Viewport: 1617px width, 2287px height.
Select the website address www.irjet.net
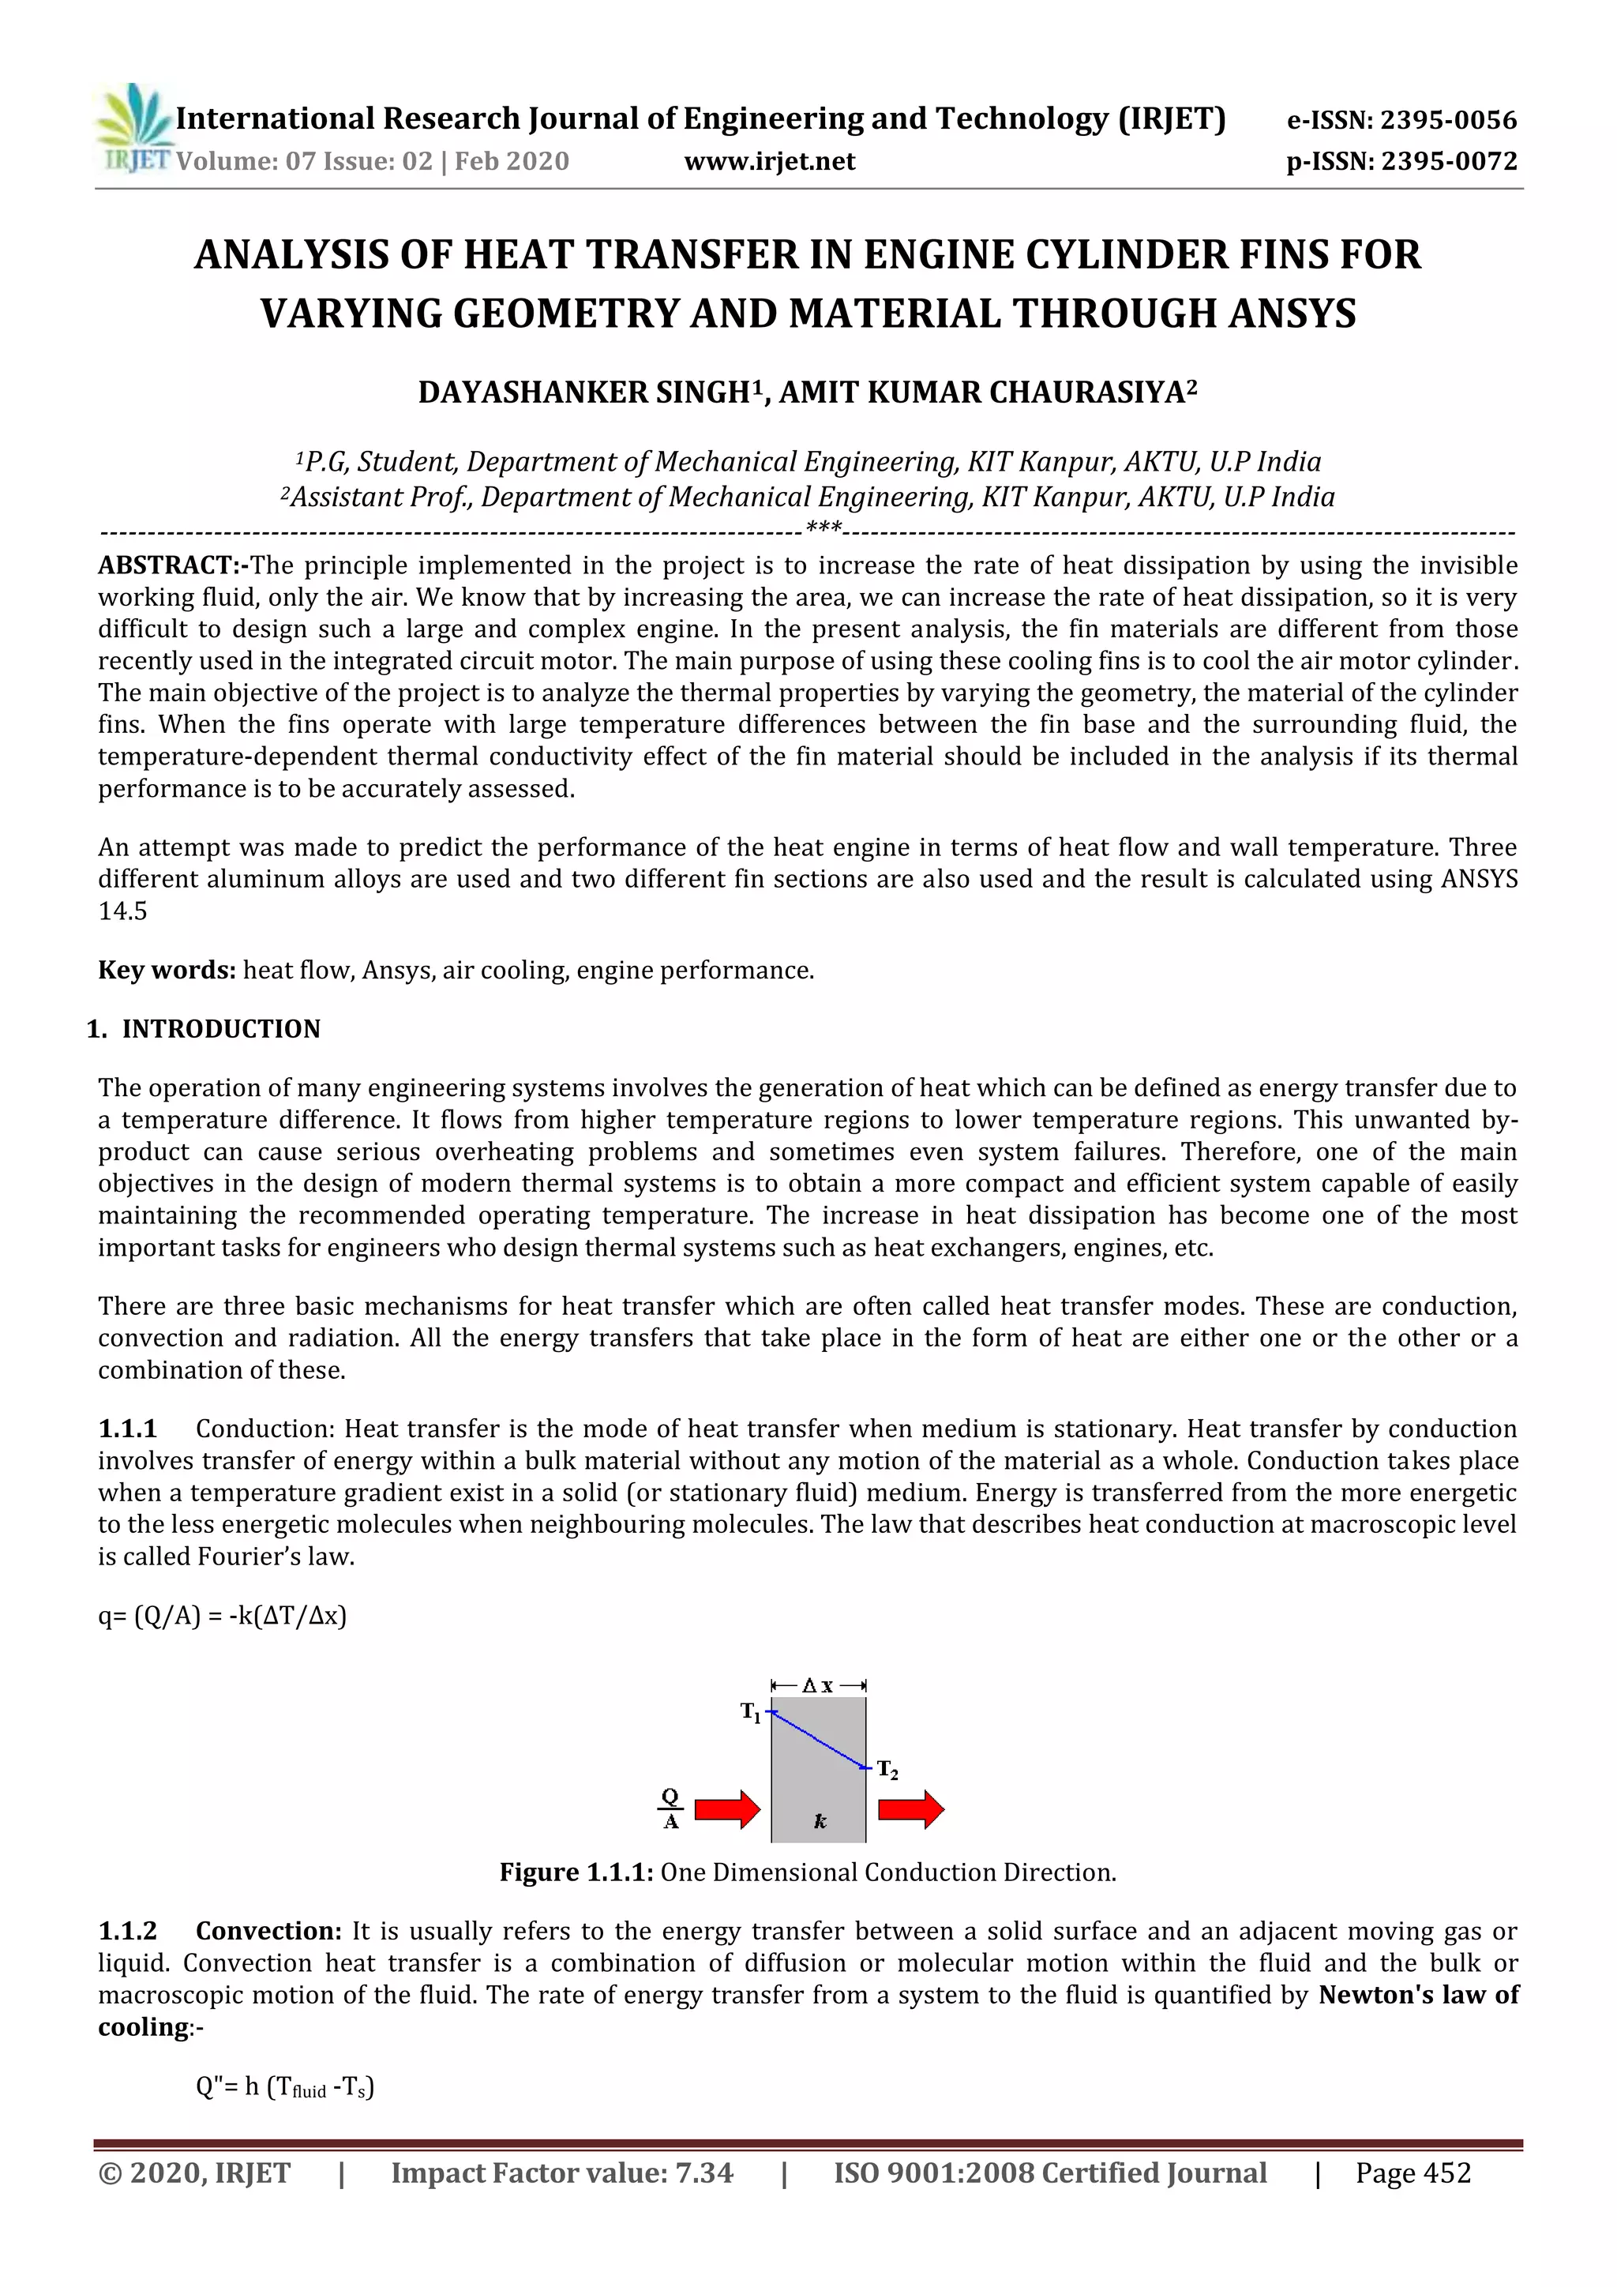tap(769, 161)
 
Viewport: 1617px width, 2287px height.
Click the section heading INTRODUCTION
tap(221, 1029)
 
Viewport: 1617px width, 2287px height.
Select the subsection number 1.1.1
tap(127, 1429)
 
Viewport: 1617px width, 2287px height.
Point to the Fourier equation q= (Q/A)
tap(222, 1615)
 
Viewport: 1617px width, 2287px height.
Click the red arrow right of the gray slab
tap(911, 1809)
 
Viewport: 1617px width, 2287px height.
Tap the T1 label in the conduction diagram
tap(750, 1712)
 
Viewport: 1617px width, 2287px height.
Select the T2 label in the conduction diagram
tap(887, 1770)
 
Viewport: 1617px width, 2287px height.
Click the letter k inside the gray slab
tap(820, 1821)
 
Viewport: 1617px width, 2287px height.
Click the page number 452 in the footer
tap(1446, 2172)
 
